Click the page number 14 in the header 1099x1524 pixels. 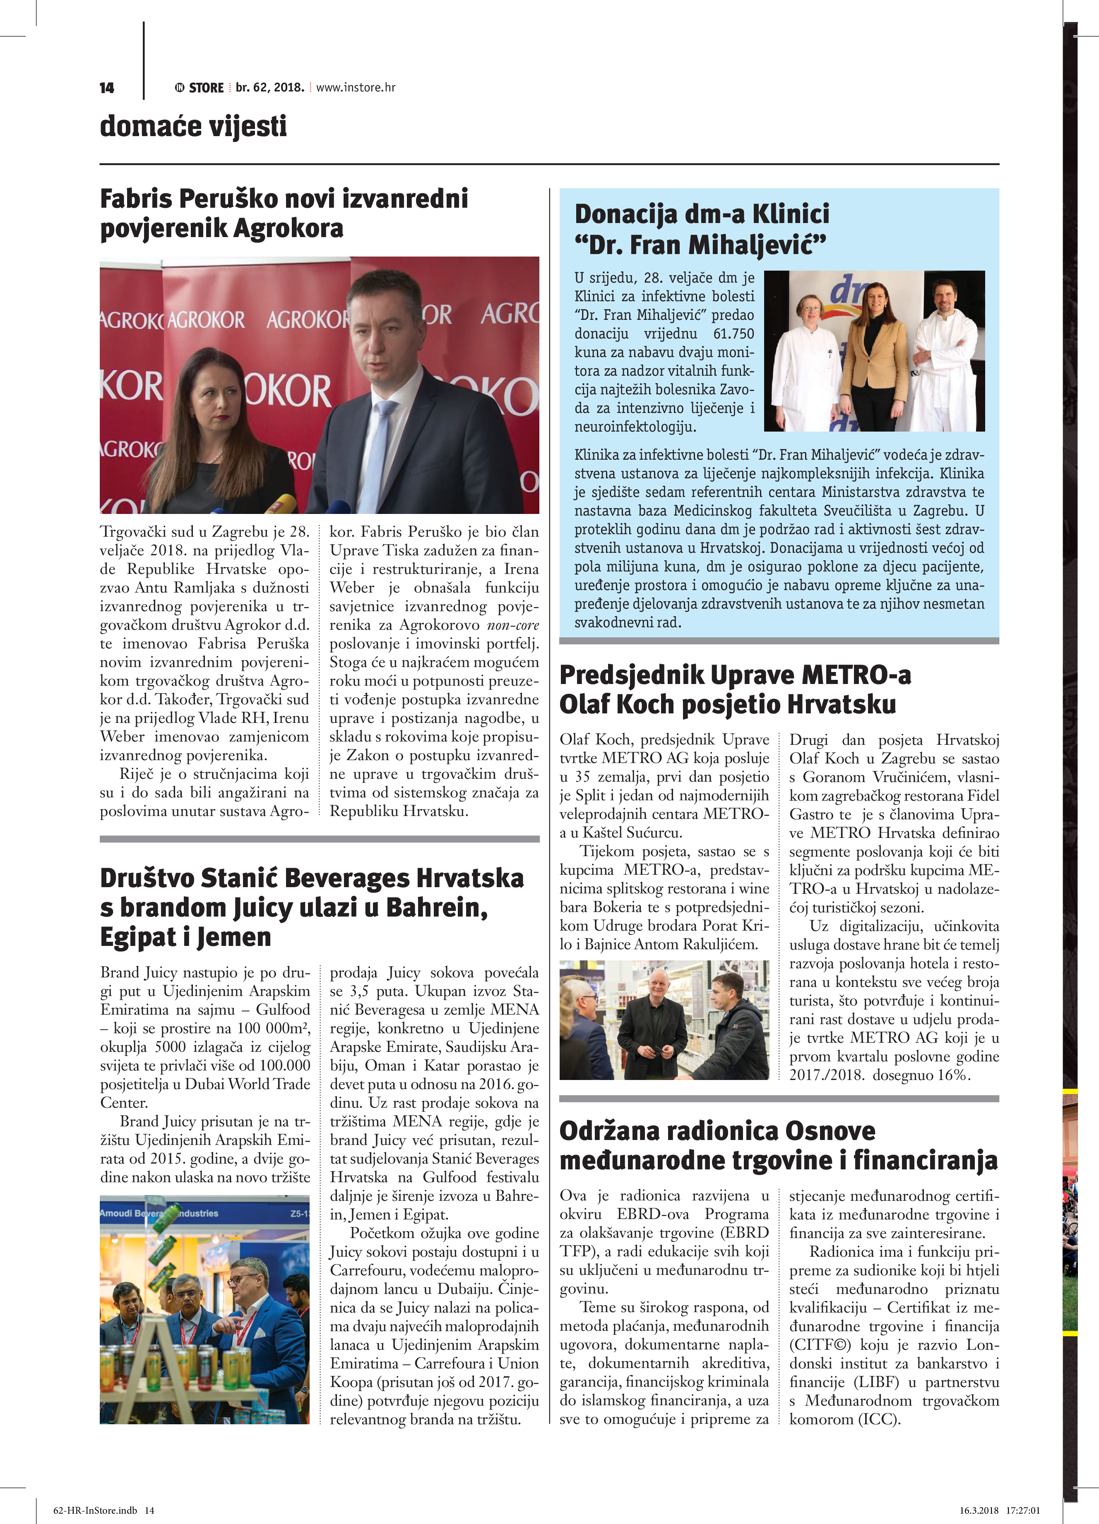point(106,88)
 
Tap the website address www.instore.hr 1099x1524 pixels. point(356,87)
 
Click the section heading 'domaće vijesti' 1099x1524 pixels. point(193,126)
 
